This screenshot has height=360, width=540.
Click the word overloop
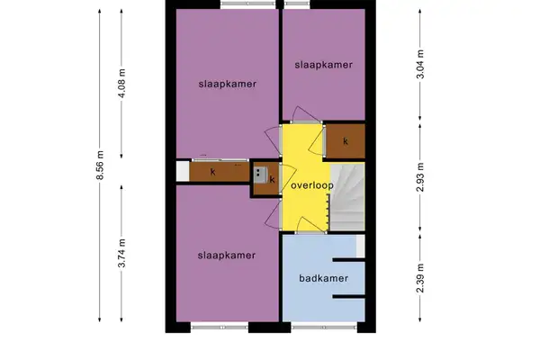point(312,186)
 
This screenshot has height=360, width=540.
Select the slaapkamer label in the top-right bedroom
point(321,65)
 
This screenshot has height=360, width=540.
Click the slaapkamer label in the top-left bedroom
point(228,84)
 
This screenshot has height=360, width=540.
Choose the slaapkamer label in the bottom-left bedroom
point(228,256)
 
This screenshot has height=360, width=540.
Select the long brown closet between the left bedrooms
point(216,171)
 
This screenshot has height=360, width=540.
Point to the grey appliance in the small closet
point(260,176)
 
